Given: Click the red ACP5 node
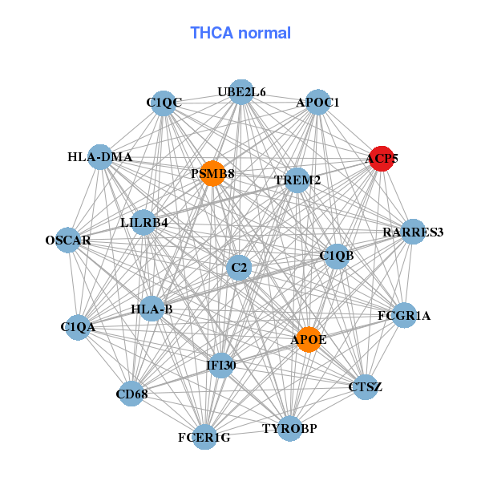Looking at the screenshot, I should coord(382,159).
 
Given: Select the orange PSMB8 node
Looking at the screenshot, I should coord(212,174).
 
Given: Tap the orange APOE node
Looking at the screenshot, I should coord(309,339).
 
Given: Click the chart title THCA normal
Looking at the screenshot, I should coord(240,33).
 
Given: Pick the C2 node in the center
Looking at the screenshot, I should coord(238,267).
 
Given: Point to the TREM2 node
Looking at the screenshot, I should coord(297,180).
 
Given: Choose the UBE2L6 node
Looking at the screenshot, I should coord(241,92).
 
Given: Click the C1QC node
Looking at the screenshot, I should coord(164,103).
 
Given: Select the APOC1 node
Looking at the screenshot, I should coord(318,103).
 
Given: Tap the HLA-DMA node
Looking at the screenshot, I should coord(101,157).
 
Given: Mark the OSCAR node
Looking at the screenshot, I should coord(68,240).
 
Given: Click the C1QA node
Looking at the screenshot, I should coord(78,327).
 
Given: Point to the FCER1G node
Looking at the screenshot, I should coord(204,437).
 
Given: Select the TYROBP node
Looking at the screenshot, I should coord(289,428).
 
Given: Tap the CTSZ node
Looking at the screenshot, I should coord(366,387).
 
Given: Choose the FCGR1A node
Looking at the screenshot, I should coord(404,316).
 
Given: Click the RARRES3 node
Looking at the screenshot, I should coord(413,232).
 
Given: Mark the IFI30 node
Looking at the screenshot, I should coord(221,366).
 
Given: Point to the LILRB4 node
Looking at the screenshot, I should coord(144,222).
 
